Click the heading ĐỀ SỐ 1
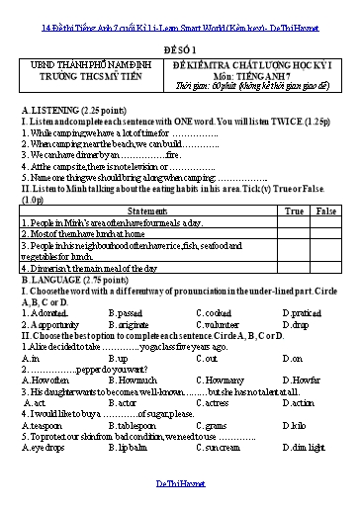179,45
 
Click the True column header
294,212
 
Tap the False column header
325,212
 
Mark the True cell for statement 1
294,222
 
